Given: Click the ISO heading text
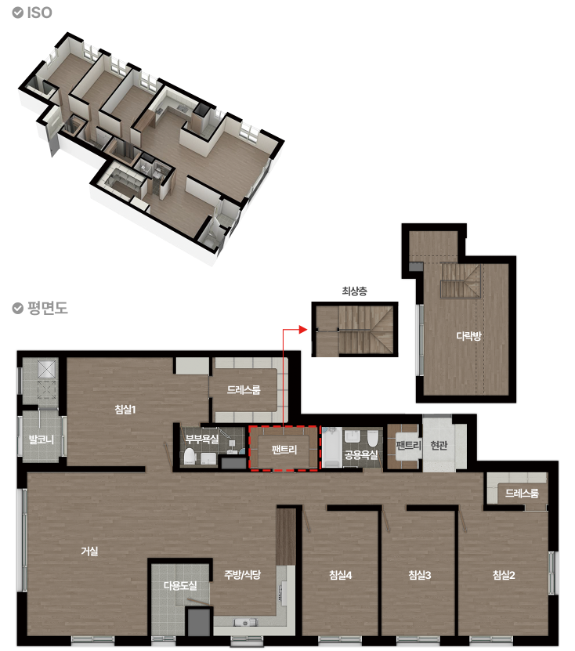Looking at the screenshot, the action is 40,13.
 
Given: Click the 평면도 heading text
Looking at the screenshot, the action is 48,308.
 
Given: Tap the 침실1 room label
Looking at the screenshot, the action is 125,410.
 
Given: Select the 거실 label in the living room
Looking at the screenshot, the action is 89,551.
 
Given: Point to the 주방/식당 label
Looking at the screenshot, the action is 242,574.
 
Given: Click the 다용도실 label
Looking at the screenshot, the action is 180,586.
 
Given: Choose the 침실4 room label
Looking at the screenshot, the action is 341,575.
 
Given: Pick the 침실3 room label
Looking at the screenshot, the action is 420,575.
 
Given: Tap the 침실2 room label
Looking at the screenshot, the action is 504,575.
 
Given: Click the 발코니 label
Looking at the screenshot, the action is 41,439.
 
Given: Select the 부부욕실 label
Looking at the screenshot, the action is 202,439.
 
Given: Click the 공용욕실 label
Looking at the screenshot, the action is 361,454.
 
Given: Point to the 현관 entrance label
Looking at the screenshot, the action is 439,446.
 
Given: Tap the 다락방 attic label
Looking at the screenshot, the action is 468,335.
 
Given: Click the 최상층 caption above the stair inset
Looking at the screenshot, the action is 355,291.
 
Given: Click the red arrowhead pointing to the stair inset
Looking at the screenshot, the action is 303,330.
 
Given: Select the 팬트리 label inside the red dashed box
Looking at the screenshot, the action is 284,450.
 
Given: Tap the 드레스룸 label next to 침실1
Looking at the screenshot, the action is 244,390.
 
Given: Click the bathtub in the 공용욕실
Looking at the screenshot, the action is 332,447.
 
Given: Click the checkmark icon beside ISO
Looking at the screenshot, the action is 17,13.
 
